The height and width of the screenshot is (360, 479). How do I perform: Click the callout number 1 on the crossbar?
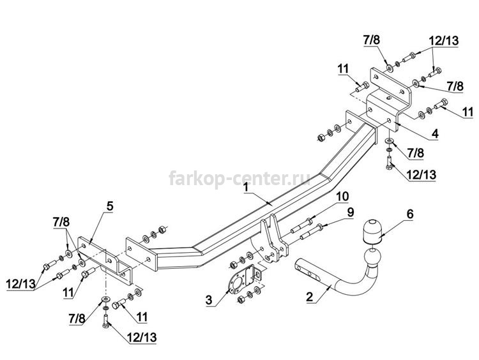tap(246, 188)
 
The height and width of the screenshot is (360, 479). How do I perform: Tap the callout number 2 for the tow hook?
tap(310, 296)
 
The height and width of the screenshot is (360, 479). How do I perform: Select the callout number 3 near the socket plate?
tap(209, 299)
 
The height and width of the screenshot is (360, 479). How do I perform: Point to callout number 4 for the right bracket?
tap(435, 133)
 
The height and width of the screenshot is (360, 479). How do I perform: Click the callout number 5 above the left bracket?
tap(110, 206)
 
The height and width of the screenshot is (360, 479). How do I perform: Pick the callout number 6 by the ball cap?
tap(409, 214)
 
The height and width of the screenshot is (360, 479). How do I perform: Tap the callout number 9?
tap(351, 212)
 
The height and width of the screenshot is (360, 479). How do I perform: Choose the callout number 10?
tap(343, 197)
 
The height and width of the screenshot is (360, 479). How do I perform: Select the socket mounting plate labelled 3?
tap(242, 280)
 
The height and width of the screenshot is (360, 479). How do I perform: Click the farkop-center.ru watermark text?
tap(240, 178)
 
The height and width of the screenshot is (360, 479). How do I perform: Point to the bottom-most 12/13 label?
tap(141, 337)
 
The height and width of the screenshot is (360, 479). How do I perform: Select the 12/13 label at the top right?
tap(444, 41)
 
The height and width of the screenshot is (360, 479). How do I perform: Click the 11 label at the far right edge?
tap(468, 112)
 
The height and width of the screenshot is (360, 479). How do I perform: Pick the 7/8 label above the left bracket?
tap(61, 222)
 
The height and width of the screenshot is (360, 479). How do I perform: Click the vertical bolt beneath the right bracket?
tap(390, 163)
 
